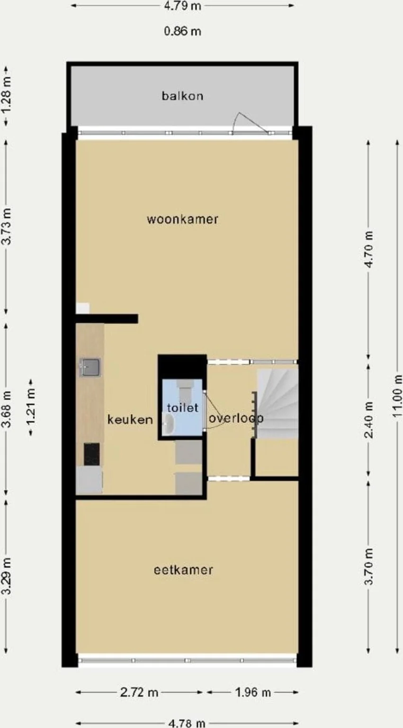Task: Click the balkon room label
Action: coord(182,96)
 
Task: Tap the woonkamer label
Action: coord(182,219)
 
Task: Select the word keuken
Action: coord(130,419)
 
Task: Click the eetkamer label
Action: coord(183,570)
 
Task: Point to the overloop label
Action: coord(236,419)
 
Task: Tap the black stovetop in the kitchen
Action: coord(92,454)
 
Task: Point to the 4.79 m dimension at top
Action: coord(182,6)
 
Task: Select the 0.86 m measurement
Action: coord(182,31)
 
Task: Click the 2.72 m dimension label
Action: coord(139,692)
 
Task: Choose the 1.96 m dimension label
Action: coord(253,692)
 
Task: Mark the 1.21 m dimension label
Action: coord(31,408)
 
